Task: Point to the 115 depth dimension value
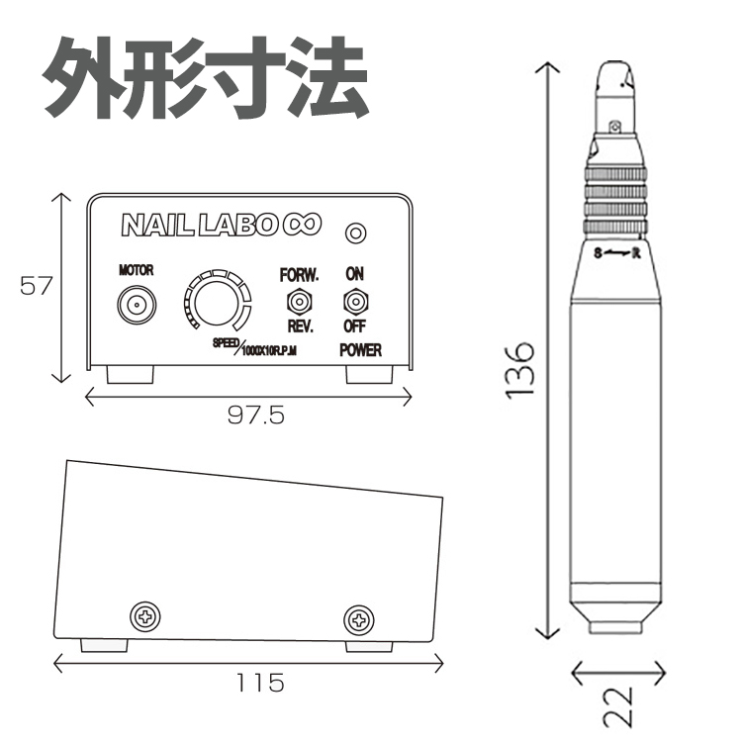tap(260, 683)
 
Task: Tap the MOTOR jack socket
tap(136, 304)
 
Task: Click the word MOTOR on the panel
tap(136, 270)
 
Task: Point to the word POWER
tap(359, 349)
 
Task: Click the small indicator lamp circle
tap(354, 232)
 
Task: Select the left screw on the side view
tap(146, 616)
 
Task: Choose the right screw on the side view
tap(358, 620)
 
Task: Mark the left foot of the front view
tap(131, 375)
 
